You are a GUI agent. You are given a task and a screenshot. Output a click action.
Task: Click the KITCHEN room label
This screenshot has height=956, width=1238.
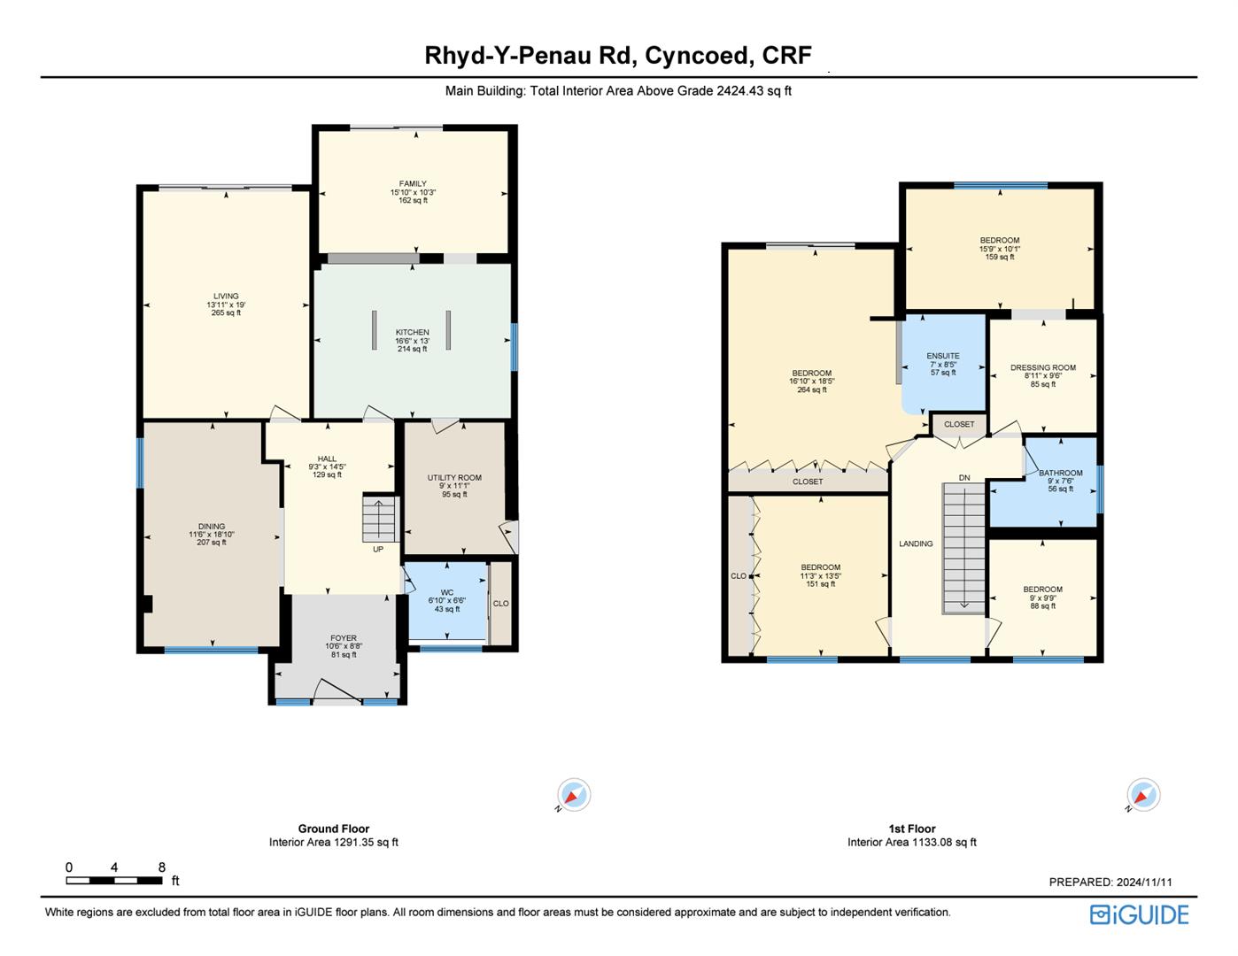(x=412, y=332)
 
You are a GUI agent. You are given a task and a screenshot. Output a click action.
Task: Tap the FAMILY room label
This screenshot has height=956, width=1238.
(x=413, y=183)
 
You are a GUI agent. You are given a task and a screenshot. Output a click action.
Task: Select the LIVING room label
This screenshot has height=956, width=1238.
(x=226, y=296)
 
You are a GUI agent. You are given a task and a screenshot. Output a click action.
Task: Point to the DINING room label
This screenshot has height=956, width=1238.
(x=212, y=526)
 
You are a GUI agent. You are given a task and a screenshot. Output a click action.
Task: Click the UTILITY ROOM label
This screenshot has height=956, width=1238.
(x=454, y=478)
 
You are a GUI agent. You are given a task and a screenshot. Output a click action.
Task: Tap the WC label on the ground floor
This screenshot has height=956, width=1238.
(x=447, y=593)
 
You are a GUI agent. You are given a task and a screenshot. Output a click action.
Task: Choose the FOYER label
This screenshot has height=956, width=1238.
(x=344, y=638)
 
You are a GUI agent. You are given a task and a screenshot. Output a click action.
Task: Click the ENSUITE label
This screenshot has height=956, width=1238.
(x=943, y=356)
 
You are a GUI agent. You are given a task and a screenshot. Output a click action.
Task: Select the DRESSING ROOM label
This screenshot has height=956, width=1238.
(x=1043, y=368)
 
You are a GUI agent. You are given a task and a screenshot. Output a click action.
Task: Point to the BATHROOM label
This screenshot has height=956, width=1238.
(x=1060, y=473)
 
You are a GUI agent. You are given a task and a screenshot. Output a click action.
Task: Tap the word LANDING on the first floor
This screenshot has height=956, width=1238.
(x=917, y=544)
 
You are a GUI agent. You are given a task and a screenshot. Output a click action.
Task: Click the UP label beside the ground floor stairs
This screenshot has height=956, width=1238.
(x=378, y=550)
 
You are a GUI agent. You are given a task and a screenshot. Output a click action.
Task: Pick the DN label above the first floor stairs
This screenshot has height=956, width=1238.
(x=964, y=478)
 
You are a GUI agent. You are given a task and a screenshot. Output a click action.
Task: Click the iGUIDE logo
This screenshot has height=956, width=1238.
(x=1140, y=914)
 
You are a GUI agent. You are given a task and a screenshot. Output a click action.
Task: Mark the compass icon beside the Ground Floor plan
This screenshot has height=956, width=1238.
(x=574, y=794)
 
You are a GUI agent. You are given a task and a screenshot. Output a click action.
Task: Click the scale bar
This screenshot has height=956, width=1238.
(x=114, y=881)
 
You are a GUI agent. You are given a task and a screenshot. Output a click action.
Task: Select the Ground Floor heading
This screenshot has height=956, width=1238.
(x=334, y=829)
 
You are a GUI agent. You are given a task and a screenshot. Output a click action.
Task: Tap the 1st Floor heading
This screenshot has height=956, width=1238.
(x=912, y=829)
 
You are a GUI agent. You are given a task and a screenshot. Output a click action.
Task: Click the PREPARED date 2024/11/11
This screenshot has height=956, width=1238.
(x=1144, y=882)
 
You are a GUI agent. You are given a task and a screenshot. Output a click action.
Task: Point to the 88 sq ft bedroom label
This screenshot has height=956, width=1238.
(x=1042, y=605)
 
